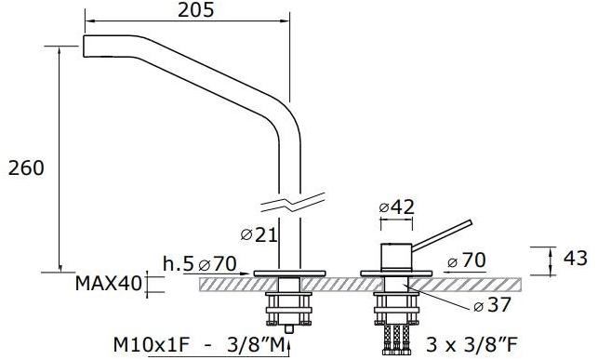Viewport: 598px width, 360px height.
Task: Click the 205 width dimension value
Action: click(x=195, y=10)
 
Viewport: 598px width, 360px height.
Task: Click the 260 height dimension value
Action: click(x=26, y=168)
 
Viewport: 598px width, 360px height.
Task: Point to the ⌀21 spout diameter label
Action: click(x=259, y=235)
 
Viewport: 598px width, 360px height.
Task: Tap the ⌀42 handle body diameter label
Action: click(x=396, y=207)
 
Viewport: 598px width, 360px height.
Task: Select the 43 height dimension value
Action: click(x=576, y=259)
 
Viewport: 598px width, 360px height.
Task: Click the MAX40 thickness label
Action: click(x=108, y=284)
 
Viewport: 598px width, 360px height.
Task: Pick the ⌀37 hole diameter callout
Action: click(x=492, y=305)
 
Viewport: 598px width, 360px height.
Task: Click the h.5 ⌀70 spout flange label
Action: click(x=199, y=263)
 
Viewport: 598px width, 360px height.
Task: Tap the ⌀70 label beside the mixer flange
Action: click(x=467, y=260)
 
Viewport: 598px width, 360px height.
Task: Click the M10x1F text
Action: click(x=151, y=345)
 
